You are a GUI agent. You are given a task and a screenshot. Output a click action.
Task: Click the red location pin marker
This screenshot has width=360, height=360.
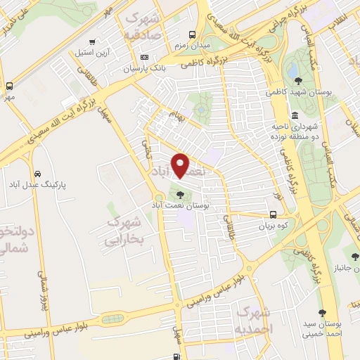(181, 165)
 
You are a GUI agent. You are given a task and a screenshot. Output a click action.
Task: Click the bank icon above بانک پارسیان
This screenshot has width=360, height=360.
(145, 57)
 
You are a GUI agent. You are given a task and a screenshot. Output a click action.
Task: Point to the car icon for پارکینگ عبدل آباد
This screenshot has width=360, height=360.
(36, 174)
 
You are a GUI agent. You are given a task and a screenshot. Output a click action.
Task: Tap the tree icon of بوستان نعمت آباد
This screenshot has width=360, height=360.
(180, 195)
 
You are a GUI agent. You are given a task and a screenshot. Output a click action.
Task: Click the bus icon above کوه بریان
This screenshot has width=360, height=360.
(274, 216)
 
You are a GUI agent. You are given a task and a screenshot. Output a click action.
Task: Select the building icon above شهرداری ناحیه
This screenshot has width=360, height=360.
(293, 115)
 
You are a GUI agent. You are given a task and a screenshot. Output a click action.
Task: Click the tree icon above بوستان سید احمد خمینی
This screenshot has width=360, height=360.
(322, 313)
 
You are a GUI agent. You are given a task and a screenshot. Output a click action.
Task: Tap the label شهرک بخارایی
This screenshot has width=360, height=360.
(123, 231)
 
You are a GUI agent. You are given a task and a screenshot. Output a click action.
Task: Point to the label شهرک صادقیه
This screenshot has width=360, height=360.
(143, 25)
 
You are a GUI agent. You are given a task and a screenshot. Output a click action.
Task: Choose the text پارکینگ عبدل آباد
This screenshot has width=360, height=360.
(59, 185)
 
